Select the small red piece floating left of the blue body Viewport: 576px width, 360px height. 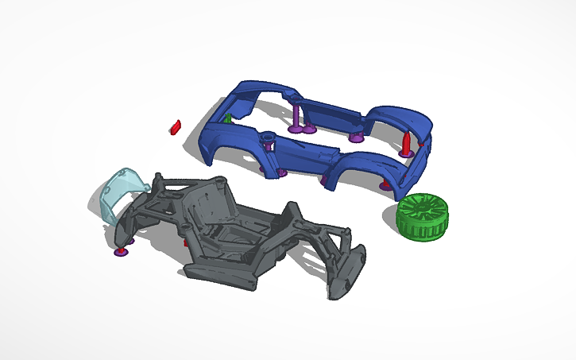point(176,126)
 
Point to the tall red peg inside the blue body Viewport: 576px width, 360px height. point(407,142)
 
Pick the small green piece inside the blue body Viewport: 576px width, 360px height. point(228,118)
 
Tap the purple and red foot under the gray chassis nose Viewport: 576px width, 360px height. point(121,250)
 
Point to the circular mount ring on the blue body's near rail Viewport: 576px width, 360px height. point(267,137)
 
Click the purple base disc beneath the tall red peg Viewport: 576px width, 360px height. point(405,155)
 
